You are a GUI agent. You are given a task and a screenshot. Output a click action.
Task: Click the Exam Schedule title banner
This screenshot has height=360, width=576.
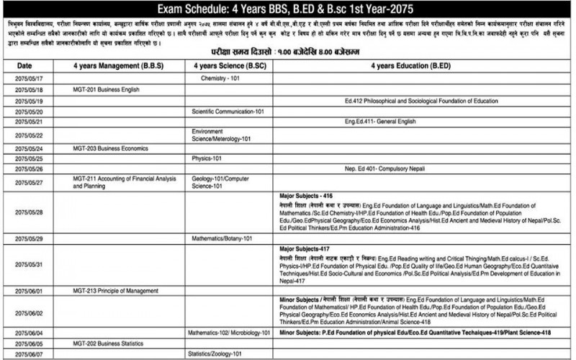(288, 9)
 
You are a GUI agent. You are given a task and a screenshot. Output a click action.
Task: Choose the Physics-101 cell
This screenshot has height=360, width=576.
(206, 157)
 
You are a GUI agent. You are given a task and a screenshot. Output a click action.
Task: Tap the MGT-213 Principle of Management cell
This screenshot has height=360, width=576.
(115, 290)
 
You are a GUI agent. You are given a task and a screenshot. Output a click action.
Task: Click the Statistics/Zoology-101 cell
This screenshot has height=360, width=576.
(215, 354)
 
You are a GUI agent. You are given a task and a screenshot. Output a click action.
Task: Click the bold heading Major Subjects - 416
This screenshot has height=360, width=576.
(306, 195)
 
